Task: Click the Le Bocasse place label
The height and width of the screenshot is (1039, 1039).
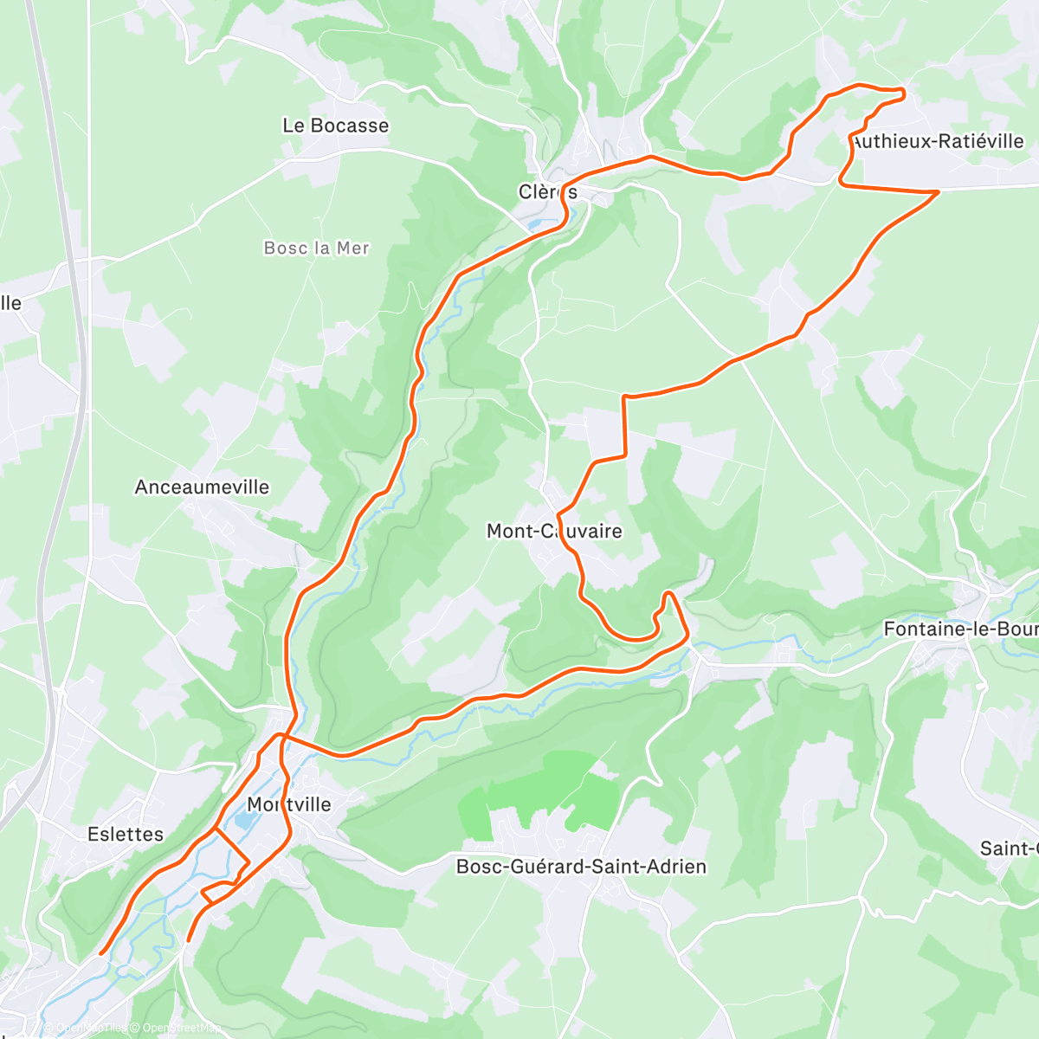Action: click(335, 126)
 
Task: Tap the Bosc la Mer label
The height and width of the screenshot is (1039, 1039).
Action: click(316, 248)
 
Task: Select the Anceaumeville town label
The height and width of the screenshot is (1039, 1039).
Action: click(202, 487)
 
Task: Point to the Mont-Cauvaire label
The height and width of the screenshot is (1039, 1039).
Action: click(554, 531)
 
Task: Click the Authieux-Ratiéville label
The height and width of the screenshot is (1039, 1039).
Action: click(938, 141)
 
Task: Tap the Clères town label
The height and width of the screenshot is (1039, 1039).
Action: click(547, 192)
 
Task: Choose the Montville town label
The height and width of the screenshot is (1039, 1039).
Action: click(289, 804)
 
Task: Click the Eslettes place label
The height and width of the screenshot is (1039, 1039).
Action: click(126, 835)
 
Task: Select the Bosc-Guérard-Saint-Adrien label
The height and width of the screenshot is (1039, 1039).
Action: click(581, 867)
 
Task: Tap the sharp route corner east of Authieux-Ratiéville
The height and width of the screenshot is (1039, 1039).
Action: click(939, 191)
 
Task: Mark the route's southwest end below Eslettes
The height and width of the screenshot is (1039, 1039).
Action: click(102, 953)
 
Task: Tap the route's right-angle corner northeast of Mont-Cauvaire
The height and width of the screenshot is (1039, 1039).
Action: click(624, 397)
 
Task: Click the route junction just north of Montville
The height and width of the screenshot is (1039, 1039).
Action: click(280, 736)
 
